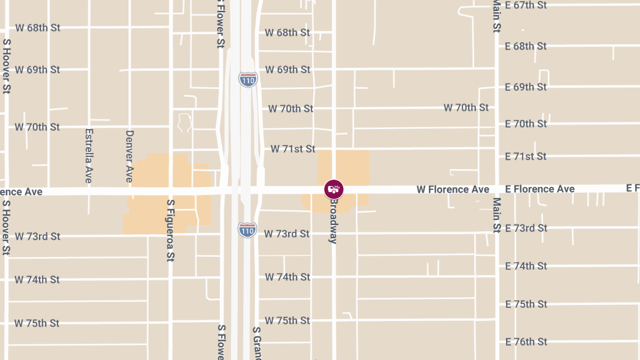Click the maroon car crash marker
pos(334,189)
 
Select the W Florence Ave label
pos(453,189)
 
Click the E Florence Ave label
pos(540,189)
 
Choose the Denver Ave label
pos(129,156)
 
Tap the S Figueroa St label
pos(171,230)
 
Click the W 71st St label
pos(293,149)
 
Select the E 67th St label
pos(526,5)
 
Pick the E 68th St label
pos(526,46)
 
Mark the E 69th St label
pos(526,87)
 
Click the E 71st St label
pos(526,156)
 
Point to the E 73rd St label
pos(526,228)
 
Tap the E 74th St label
pos(526,266)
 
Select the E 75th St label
pos(526,304)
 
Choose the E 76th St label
pos(526,342)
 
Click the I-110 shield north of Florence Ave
pos(248,79)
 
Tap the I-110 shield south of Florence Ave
pos(247,230)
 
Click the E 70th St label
pos(526,124)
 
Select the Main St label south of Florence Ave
pos(497,215)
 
